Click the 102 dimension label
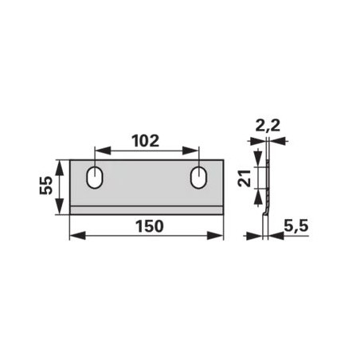[146, 141]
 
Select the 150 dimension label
[150, 226]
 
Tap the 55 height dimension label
[46, 186]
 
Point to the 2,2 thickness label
[268, 126]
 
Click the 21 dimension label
[245, 178]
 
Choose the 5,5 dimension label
[296, 226]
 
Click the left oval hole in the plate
[95, 178]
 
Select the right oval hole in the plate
[198, 178]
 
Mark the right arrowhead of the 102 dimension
[190, 151]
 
